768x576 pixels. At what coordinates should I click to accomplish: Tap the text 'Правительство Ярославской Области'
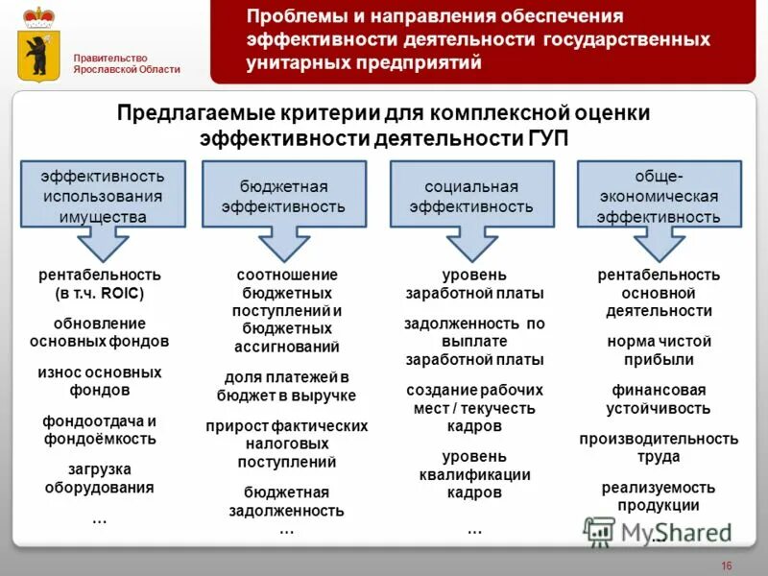(127, 62)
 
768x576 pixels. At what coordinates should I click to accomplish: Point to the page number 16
(726, 564)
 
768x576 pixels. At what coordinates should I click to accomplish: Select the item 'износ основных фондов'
(100, 381)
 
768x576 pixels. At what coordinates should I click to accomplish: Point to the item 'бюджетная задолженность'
(286, 501)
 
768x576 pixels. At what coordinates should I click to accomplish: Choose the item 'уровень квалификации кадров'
(474, 474)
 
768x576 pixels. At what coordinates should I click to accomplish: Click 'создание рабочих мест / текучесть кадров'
(474, 407)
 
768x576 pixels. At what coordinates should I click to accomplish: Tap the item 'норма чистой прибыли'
(658, 350)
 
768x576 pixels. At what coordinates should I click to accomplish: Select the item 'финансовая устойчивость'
(658, 399)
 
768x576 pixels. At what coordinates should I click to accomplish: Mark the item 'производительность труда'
(659, 448)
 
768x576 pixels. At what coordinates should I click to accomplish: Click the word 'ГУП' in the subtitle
(547, 138)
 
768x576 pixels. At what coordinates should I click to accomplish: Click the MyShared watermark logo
(658, 531)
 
